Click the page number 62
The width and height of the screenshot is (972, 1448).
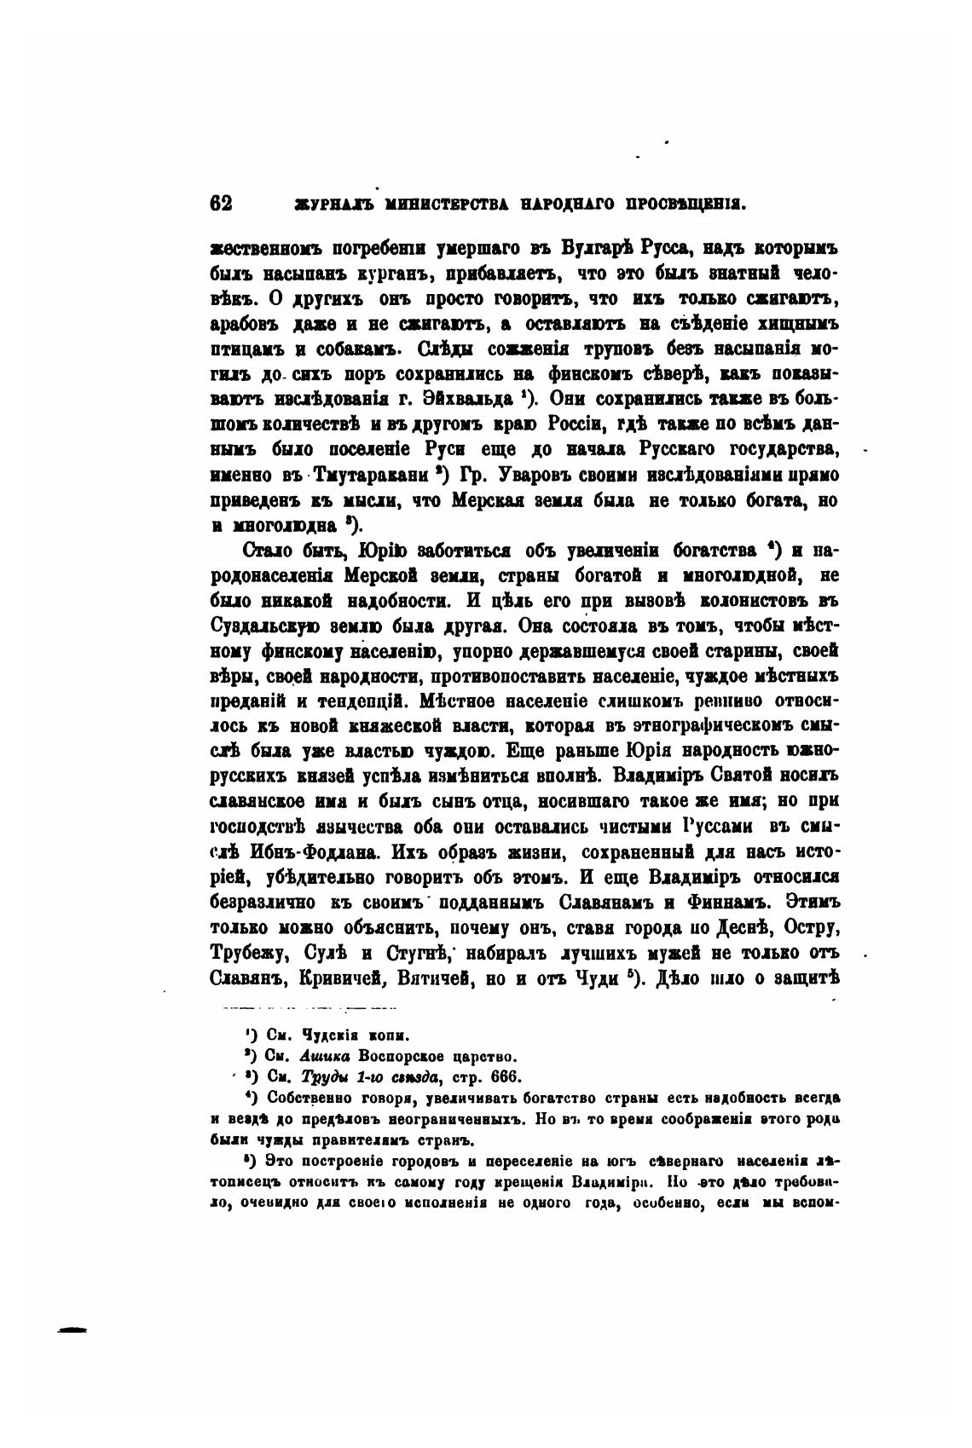coord(221,205)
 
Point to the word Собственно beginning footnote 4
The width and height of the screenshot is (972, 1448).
coord(306,1096)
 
